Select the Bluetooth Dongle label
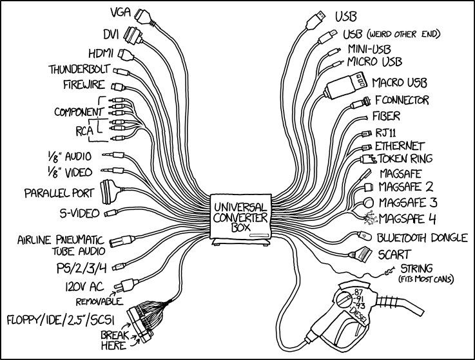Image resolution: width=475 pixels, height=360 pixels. coord(422,238)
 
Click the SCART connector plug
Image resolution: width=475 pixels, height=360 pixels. coord(363,253)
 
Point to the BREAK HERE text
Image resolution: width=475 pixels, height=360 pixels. coord(114,340)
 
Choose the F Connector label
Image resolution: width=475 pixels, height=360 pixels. coord(402,100)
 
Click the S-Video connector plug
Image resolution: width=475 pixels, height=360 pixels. coord(111,213)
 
